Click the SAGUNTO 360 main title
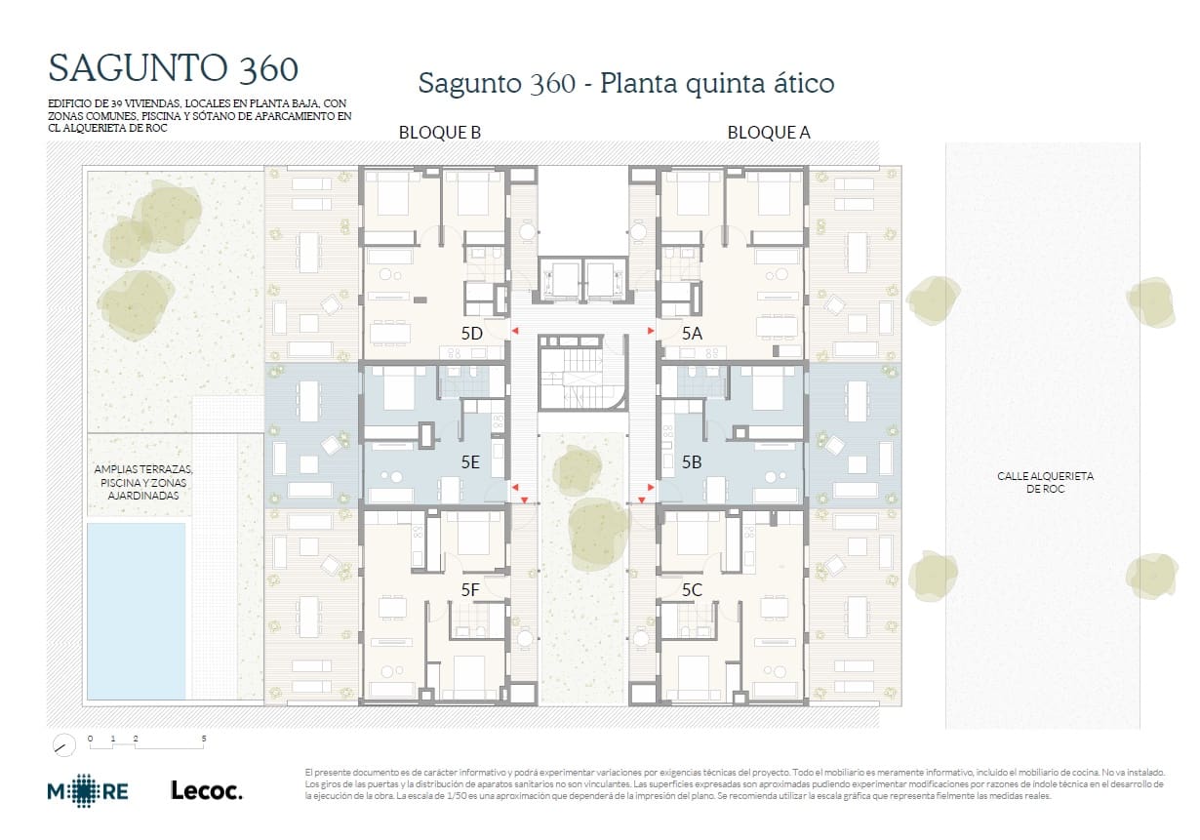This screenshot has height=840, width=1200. click(x=173, y=68)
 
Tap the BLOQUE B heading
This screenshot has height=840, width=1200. click(x=439, y=133)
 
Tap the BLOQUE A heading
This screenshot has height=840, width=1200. click(x=769, y=133)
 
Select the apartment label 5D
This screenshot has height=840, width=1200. click(x=472, y=333)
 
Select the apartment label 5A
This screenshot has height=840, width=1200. click(x=692, y=333)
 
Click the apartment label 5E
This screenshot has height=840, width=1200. click(x=469, y=462)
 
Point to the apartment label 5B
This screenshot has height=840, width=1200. click(x=692, y=462)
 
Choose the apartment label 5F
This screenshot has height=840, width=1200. click(x=470, y=589)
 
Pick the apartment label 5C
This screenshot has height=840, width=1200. click(x=692, y=589)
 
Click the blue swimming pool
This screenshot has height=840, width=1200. click(x=136, y=610)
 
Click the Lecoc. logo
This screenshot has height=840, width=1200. click(x=206, y=790)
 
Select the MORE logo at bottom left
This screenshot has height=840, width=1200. click(x=88, y=790)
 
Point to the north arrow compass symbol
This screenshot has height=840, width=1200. click(x=64, y=744)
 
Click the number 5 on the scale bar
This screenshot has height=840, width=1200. click(x=204, y=739)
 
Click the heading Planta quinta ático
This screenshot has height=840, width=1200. click(x=625, y=83)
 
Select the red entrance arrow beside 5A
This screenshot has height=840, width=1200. click(x=651, y=333)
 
